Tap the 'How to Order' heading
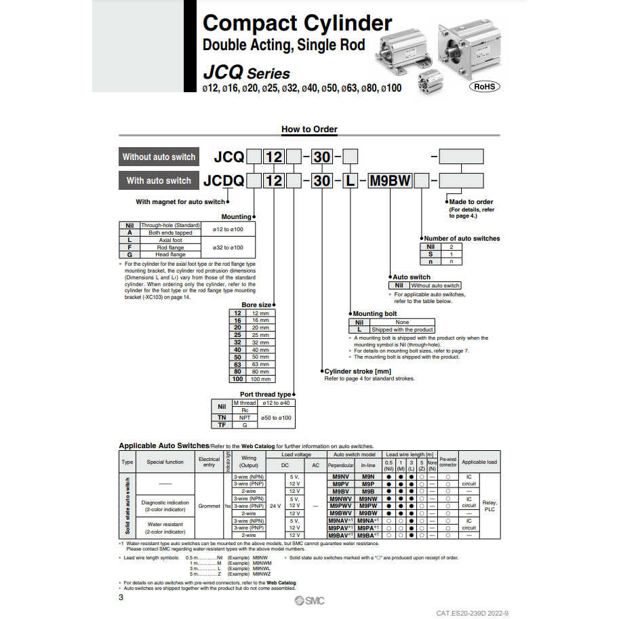(309, 129)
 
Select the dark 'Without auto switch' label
(159, 157)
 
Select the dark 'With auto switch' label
(159, 180)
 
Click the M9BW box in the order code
(390, 181)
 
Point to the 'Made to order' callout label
(471, 201)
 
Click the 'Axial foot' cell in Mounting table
(170, 240)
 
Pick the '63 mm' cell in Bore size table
(260, 364)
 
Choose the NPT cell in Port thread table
(245, 418)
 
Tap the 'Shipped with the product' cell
(402, 330)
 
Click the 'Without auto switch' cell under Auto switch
(435, 285)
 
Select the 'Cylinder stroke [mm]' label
(358, 371)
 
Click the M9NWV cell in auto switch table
(341, 498)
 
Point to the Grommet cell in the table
(209, 506)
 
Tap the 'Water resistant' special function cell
(165, 524)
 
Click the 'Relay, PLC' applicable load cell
(490, 506)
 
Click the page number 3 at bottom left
(121, 597)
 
